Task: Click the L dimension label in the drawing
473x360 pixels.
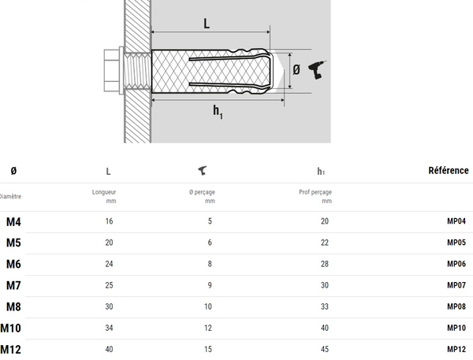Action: point(207,24)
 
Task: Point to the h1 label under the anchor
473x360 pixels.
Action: point(216,111)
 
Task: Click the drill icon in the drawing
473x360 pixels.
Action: point(318,69)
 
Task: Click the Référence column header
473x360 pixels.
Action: point(449,170)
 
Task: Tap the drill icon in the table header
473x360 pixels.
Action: point(202,170)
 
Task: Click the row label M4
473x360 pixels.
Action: point(14,221)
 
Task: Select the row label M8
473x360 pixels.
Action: point(14,306)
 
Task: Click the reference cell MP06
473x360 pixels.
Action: point(456,264)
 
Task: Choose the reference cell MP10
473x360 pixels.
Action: point(456,328)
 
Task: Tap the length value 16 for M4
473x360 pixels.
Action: point(109,221)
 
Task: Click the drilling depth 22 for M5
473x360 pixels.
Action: point(324,243)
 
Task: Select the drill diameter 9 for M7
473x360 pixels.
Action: point(210,285)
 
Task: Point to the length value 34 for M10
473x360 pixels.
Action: point(109,328)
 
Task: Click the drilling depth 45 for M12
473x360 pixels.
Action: point(324,349)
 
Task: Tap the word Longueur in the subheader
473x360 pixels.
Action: point(104,191)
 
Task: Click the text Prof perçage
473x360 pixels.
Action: point(315,191)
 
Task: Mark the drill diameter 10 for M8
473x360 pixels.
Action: point(210,306)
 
